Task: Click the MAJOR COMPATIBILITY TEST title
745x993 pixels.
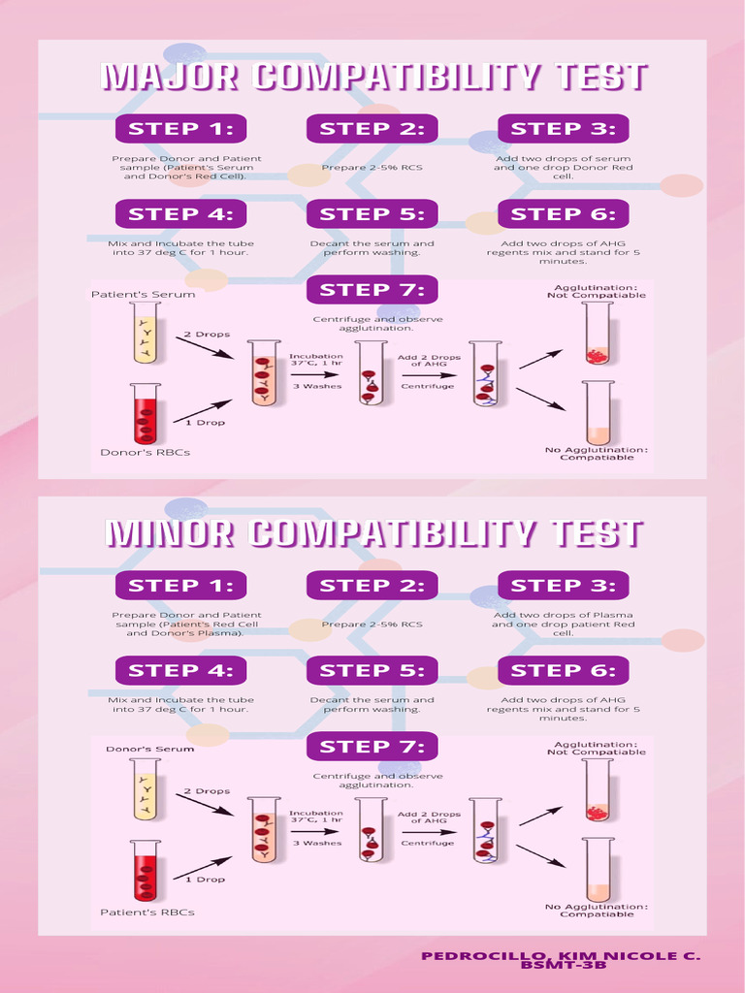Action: tap(373, 77)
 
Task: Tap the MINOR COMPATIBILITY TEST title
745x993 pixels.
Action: tap(373, 533)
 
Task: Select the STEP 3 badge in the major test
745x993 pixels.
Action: tap(564, 129)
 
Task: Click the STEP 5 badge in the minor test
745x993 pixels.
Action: tap(372, 671)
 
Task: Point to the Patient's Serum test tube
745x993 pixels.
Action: tap(146, 332)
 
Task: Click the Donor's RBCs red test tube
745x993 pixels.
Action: tap(146, 413)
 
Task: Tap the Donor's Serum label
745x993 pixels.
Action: tap(150, 750)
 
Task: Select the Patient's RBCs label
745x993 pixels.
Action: tap(147, 912)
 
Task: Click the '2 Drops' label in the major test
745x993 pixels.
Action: tap(208, 335)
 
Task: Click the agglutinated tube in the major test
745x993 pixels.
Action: tap(598, 334)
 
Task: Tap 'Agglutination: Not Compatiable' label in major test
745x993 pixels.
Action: tap(597, 291)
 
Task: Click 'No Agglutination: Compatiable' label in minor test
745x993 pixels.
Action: tap(597, 911)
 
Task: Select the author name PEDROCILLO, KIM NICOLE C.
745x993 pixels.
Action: tap(562, 956)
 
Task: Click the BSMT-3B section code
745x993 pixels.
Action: tap(564, 966)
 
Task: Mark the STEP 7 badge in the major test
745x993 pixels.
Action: tap(372, 290)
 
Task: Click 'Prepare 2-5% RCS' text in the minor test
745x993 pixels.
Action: tap(372, 625)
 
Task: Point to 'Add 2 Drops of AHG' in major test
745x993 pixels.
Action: tap(429, 361)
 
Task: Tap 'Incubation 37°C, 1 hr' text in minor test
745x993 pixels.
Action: tap(316, 817)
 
